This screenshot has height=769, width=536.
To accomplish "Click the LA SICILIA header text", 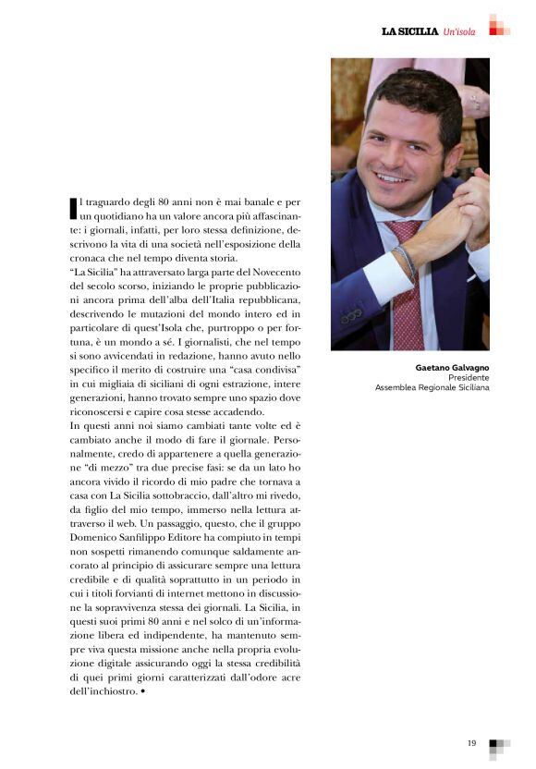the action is pyautogui.click(x=409, y=31).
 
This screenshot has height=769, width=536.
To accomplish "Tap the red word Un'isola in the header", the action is pyautogui.click(x=459, y=32).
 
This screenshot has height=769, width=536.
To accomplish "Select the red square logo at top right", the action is pyautogui.click(x=499, y=25).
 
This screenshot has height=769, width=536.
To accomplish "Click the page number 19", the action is pyautogui.click(x=470, y=742).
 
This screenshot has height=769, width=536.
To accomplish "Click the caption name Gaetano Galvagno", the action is pyautogui.click(x=453, y=368).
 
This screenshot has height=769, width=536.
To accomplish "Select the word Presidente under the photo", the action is pyautogui.click(x=469, y=378).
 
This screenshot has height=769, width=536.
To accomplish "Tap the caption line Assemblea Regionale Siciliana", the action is pyautogui.click(x=432, y=388).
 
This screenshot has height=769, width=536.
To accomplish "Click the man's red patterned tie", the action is pyautogui.click(x=406, y=287).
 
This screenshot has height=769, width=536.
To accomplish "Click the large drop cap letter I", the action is pyautogui.click(x=74, y=208).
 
